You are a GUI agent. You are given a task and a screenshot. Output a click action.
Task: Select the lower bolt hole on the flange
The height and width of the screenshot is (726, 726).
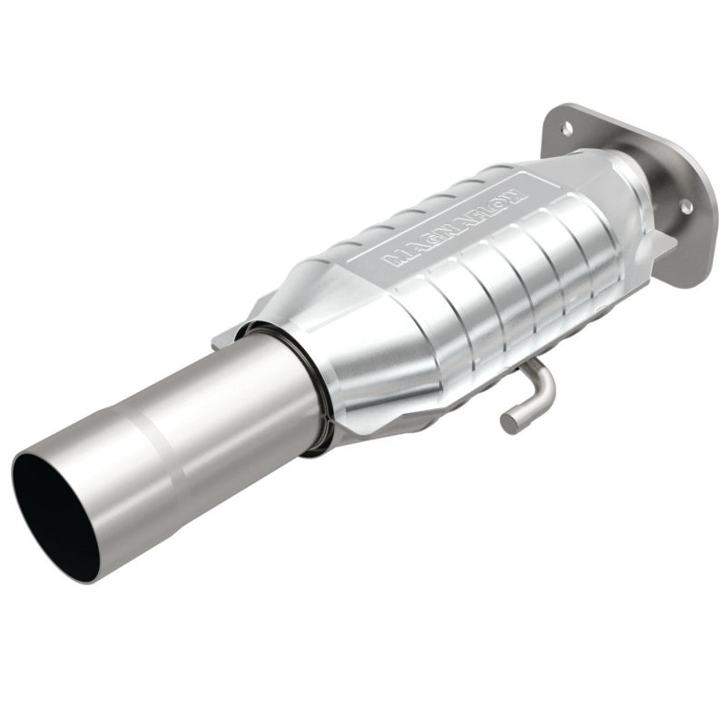687,207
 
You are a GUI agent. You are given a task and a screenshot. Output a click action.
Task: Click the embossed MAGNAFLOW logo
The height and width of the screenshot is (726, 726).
453,227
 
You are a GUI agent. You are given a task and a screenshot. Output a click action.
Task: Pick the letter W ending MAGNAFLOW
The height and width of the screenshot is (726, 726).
513,194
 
